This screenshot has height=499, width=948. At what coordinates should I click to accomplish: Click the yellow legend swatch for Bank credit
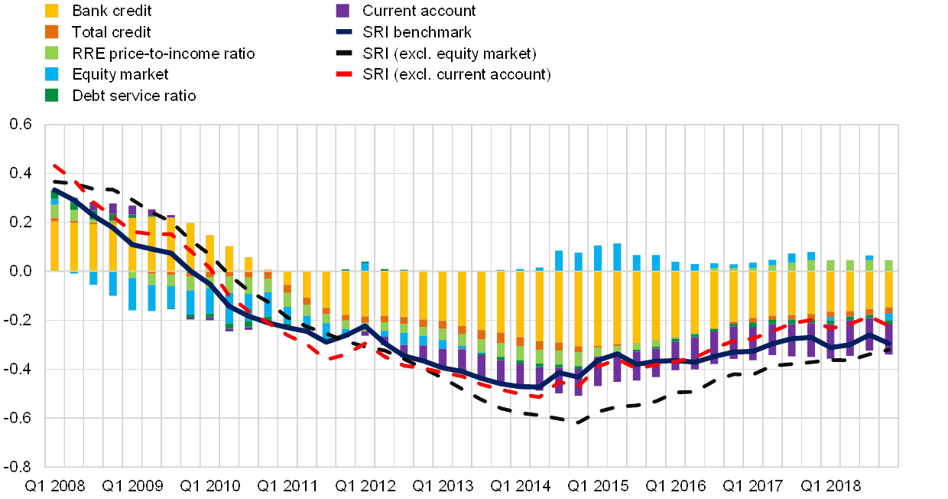(x=52, y=11)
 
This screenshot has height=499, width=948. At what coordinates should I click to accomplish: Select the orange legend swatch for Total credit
(x=52, y=32)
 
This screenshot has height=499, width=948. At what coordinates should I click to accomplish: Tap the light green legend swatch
(x=52, y=54)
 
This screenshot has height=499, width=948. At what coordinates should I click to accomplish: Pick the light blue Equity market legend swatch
(x=52, y=74)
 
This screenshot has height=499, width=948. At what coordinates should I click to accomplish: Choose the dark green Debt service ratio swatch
(x=52, y=95)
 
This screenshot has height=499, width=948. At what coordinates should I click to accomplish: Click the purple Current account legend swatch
(x=343, y=11)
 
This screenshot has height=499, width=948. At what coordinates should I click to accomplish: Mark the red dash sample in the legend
(x=343, y=75)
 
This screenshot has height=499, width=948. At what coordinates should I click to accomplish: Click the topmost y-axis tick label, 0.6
(x=22, y=124)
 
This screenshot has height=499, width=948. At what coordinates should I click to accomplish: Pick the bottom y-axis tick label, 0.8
(x=22, y=466)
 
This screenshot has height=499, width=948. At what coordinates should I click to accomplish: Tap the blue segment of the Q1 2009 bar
(x=132, y=294)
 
